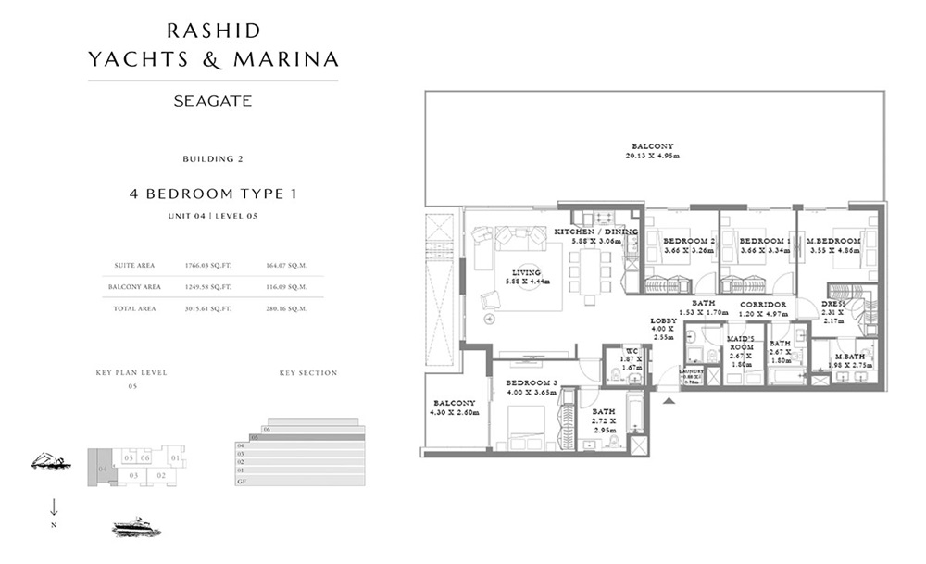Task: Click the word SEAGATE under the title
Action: [x=213, y=101]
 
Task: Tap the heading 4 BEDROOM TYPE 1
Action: [x=213, y=194]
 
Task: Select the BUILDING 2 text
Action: [x=213, y=159]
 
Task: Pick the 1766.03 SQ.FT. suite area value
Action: [x=208, y=265]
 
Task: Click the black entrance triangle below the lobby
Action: [x=667, y=400]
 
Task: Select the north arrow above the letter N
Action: [x=54, y=507]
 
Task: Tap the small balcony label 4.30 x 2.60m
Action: [x=453, y=408]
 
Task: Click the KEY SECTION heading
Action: [x=308, y=373]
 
